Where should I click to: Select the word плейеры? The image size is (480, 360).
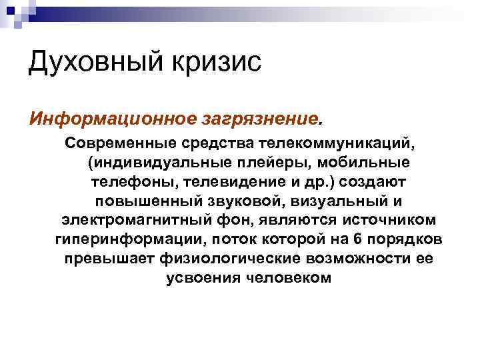[272, 163]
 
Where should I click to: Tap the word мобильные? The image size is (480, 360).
[364, 163]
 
